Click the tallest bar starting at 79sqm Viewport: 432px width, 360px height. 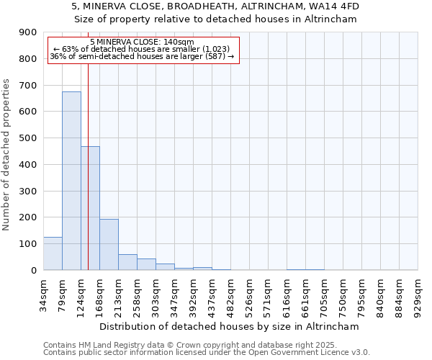click(x=71, y=181)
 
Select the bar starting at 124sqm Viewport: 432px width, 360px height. click(x=91, y=208)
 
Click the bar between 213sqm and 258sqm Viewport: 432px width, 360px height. click(x=127, y=262)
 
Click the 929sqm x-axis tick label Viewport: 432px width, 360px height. click(x=418, y=295)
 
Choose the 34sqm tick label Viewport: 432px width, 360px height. click(x=44, y=295)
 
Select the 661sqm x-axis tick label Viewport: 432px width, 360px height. click(x=306, y=295)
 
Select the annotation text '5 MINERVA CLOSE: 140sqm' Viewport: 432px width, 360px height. click(x=142, y=42)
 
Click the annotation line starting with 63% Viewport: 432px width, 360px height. click(x=142, y=50)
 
